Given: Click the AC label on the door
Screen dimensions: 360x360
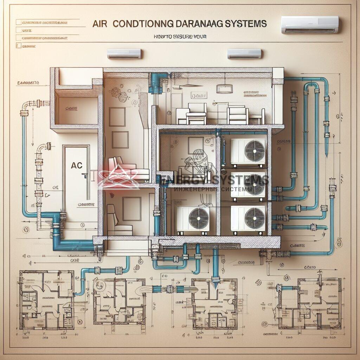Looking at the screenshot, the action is [x=76, y=165].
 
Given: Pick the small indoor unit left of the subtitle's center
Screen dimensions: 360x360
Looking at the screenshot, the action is [x=124, y=53].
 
